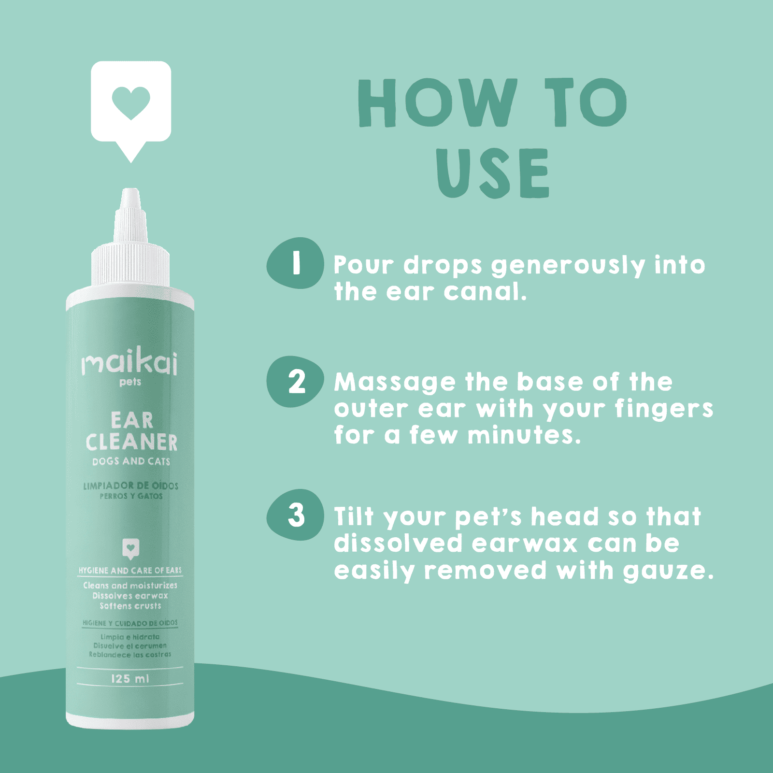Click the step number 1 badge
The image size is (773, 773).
[x=295, y=263]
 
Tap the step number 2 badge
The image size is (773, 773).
[x=295, y=382]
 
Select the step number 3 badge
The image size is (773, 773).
[x=295, y=515]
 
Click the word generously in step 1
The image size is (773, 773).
[x=568, y=265]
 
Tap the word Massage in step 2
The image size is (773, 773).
[x=394, y=383]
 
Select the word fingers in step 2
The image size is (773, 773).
[x=664, y=409]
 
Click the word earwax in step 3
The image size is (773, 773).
[x=525, y=544]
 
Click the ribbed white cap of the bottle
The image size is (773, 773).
[x=130, y=266]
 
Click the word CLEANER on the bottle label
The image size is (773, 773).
[x=131, y=443]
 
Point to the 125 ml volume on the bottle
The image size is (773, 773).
[x=130, y=679]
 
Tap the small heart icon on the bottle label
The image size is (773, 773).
[x=130, y=548]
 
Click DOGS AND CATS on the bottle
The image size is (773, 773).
[x=131, y=461]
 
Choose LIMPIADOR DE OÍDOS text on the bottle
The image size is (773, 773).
[x=130, y=486]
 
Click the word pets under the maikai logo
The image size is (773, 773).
[x=130, y=382]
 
